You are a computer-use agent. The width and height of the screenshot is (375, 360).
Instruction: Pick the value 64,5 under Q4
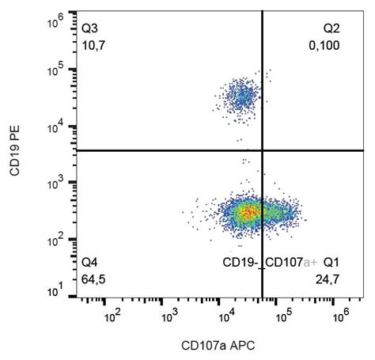pyautogui.click(x=93, y=277)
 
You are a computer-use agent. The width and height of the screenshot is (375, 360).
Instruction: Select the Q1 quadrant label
pyautogui.click(x=331, y=262)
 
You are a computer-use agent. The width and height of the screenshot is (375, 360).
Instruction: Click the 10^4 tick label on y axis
pyautogui.click(x=56, y=127)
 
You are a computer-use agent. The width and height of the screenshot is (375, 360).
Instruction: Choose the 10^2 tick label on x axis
pyautogui.click(x=112, y=316)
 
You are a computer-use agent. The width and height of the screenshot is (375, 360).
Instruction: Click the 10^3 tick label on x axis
pyautogui.click(x=168, y=316)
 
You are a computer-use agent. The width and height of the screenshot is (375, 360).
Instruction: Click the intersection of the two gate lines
pyautogui.click(x=262, y=150)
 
